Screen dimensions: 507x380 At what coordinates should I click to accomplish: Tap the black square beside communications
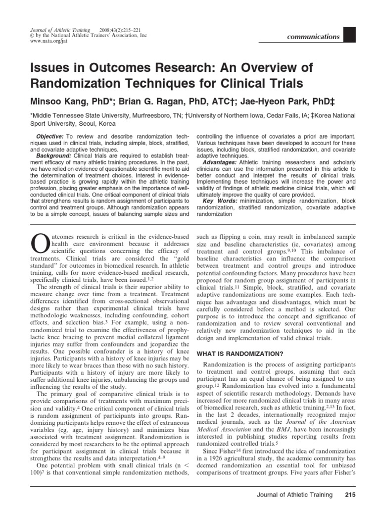click(x=349, y=34)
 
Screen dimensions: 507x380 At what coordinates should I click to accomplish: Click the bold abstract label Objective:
click(x=50, y=136)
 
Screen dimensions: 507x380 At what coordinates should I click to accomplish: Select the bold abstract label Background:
click(x=53, y=156)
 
